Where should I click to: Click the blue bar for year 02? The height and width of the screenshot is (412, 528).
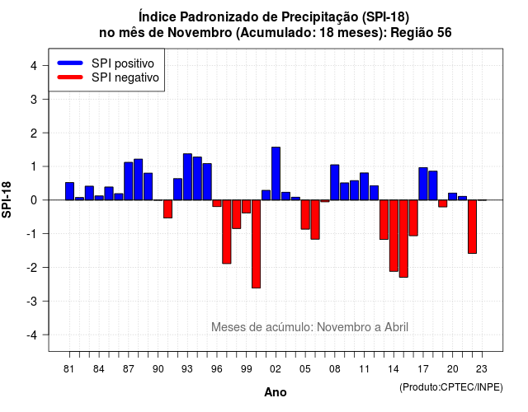pos(276,174)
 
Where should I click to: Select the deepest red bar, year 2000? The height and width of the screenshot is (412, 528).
pos(256,244)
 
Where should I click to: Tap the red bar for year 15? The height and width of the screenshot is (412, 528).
pos(403,238)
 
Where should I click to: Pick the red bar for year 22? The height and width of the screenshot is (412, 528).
pos(472,227)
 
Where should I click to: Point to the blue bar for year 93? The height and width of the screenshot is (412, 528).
pos(187,177)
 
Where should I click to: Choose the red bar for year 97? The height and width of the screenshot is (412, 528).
pos(227,232)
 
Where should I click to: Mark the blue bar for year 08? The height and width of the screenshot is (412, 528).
pos(335,182)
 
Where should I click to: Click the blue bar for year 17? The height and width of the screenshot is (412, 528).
pos(423,184)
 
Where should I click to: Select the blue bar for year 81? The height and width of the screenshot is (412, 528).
pos(69,191)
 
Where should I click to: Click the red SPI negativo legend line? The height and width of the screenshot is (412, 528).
pos(70,77)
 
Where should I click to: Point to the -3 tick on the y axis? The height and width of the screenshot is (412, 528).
pos(45,301)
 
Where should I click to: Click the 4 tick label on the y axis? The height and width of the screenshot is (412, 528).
pos(34,66)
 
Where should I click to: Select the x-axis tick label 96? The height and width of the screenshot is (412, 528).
pos(217,369)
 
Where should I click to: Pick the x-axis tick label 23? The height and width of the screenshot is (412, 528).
pos(482,369)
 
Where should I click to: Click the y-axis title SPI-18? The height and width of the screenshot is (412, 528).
pos(7,199)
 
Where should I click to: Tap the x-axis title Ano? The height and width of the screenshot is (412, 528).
pos(276,392)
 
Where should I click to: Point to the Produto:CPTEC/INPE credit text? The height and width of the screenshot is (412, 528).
pos(451,387)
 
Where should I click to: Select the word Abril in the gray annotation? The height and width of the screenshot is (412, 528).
pos(396,327)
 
